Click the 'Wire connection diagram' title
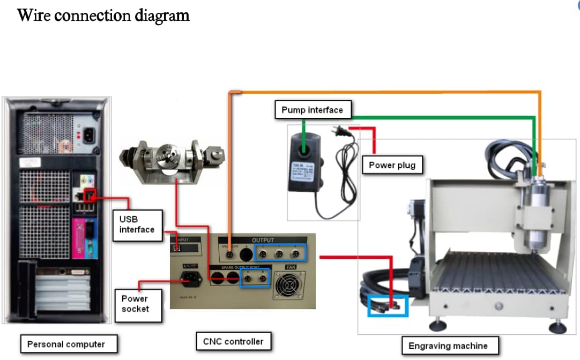pyautogui.click(x=103, y=15)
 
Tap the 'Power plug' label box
pyautogui.click(x=392, y=165)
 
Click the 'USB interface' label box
pyautogui.click(x=137, y=224)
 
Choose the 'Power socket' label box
pyautogui.click(x=135, y=304)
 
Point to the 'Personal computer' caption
pyautogui.click(x=66, y=344)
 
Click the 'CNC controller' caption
pyautogui.click(x=233, y=341)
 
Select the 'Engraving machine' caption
pyautogui.click(x=448, y=346)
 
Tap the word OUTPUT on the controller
pyautogui.click(x=263, y=241)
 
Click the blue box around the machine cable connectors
pyautogui.click(x=388, y=306)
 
